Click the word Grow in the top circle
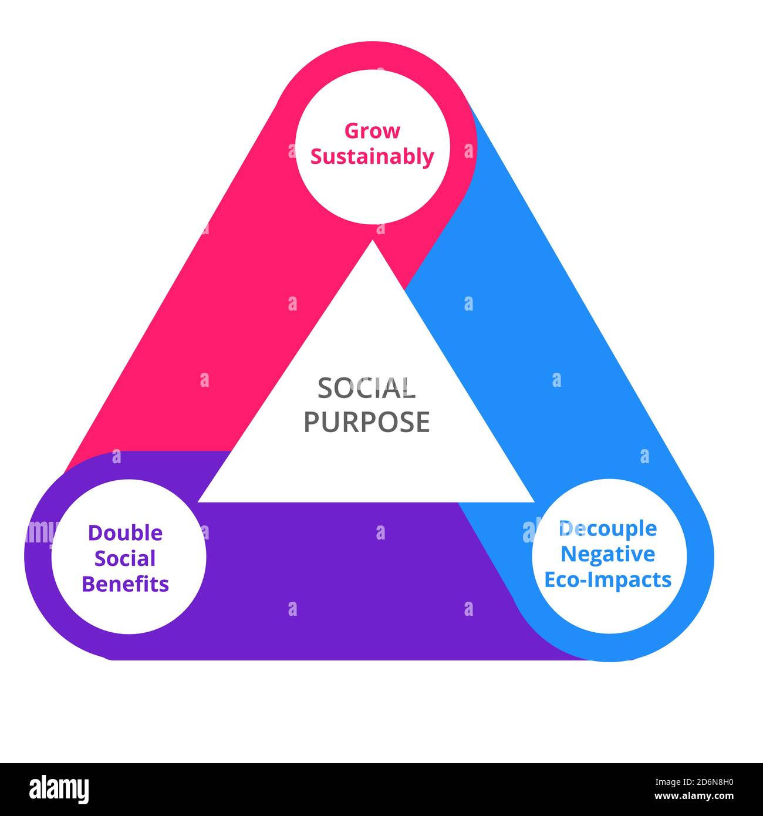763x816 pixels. point(372,131)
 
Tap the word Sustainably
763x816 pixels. point(372,157)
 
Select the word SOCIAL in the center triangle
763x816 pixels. point(366,388)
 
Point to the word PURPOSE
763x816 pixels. point(366,422)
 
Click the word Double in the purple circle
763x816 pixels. point(125,533)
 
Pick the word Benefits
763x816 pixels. point(125,584)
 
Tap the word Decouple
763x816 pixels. point(607,528)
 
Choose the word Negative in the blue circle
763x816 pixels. point(607,554)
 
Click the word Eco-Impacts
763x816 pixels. point(607,579)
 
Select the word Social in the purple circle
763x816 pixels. point(125,558)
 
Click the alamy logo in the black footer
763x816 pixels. point(59,789)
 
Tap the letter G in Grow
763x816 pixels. point(352,131)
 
